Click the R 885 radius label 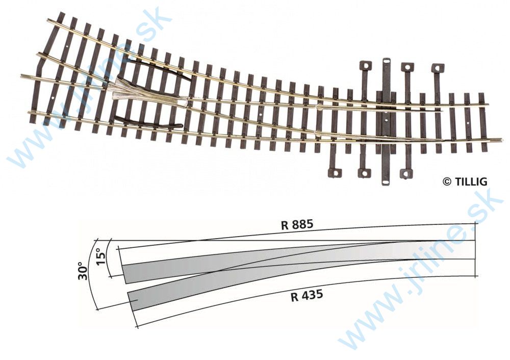tap(296, 225)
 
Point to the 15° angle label tap(101, 253)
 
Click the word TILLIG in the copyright tap(471, 182)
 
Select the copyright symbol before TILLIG tap(447, 182)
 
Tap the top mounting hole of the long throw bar tap(386, 62)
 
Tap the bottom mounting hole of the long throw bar tap(386, 181)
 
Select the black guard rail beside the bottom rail tap(148, 122)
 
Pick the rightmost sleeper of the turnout tap(482, 122)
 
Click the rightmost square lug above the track tap(437, 68)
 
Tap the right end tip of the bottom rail tap(501, 139)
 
